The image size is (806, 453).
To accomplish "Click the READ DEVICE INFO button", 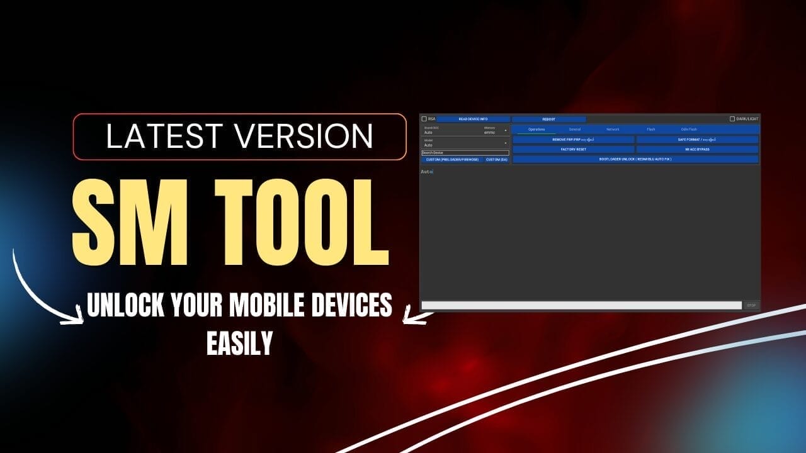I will (473, 119).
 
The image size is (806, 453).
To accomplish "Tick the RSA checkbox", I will (424, 119).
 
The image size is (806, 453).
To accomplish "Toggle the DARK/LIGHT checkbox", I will (732, 119).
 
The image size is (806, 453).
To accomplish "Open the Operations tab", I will (536, 130).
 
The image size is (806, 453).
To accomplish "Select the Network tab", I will (613, 130).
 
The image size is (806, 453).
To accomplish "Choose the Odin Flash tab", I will (689, 130).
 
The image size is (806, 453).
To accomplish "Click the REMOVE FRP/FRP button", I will (573, 140).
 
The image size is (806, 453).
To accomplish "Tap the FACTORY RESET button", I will (573, 150).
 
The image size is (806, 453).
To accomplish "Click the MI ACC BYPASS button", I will (697, 150).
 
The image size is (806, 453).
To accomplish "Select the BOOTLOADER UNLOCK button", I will (635, 160).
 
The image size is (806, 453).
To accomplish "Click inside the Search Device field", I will (465, 153).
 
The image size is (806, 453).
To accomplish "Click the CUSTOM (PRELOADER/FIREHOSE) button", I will (452, 160).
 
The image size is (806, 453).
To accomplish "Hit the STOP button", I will (751, 305).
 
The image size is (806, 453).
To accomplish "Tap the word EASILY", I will (239, 343).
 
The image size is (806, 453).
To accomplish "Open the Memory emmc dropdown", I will (496, 131).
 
